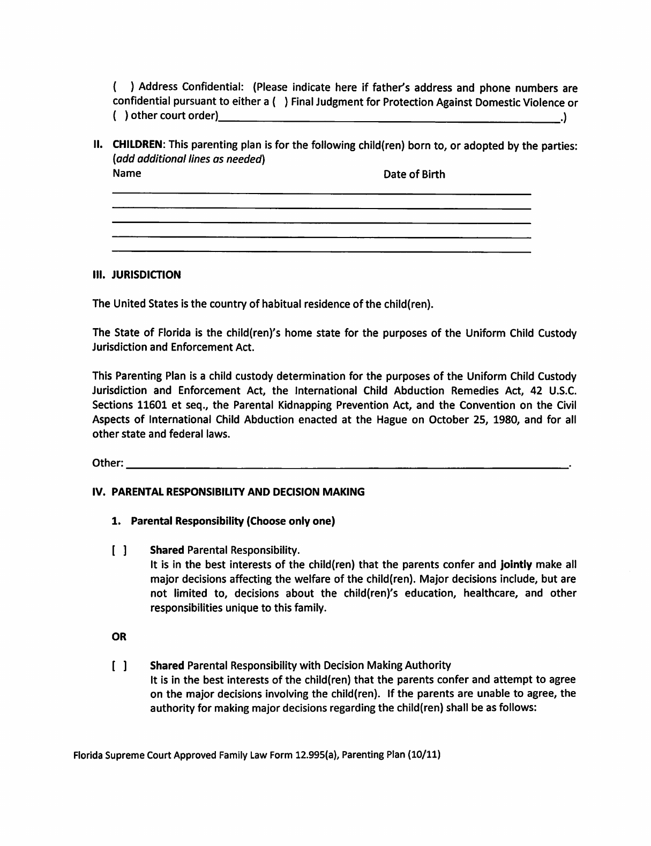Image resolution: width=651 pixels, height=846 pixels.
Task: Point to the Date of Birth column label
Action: point(414,174)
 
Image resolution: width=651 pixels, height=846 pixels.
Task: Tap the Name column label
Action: point(128,174)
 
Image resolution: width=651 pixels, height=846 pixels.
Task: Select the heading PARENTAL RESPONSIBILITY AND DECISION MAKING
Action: point(238,492)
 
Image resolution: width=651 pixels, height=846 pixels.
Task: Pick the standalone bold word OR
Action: point(119,637)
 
